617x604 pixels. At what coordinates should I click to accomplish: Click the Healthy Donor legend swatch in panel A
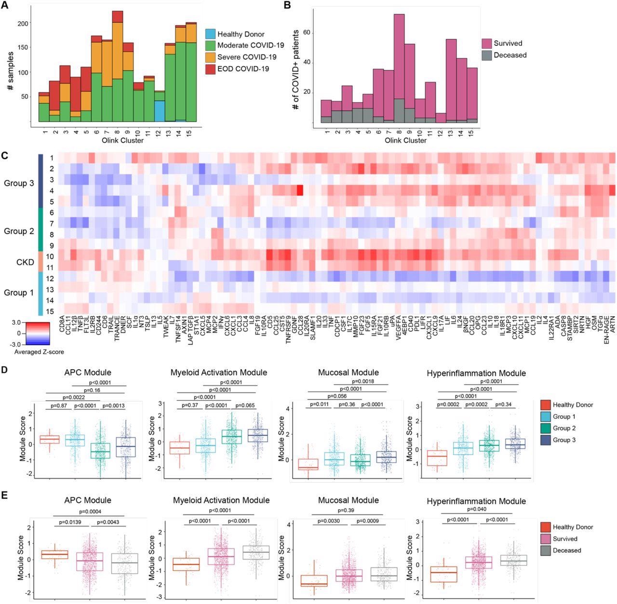click(210, 34)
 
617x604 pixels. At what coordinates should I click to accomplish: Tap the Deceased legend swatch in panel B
click(486, 55)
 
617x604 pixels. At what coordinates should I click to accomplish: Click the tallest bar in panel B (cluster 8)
click(399, 67)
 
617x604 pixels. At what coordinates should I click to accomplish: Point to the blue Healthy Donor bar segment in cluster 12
click(160, 111)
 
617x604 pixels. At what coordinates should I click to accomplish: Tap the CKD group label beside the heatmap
click(25, 263)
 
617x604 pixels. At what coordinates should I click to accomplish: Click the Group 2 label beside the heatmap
click(19, 231)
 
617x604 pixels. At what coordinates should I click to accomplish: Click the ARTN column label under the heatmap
click(612, 328)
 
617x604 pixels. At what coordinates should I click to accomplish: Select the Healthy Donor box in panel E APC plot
click(54, 554)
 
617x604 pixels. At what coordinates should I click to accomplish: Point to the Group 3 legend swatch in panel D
click(545, 440)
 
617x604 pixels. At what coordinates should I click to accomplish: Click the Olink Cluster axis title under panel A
click(122, 140)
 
